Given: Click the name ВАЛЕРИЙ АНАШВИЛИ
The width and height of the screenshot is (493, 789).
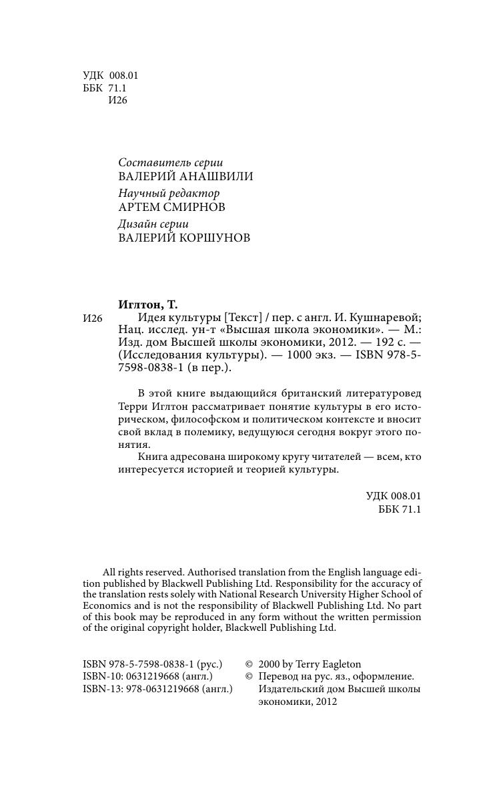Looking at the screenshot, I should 185,176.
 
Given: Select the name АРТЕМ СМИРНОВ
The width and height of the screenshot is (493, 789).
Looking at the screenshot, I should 171,207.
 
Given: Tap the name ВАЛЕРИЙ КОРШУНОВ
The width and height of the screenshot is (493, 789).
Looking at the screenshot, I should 184,238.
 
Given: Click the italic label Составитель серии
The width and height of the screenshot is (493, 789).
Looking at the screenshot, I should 170,162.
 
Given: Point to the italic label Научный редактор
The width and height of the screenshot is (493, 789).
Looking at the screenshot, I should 169,193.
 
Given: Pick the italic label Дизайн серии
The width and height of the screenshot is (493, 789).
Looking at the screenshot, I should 153,224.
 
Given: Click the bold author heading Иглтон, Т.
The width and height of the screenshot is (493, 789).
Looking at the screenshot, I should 147,304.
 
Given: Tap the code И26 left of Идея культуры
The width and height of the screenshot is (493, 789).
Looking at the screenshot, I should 93,318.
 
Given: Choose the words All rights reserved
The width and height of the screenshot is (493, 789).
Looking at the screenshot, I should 143,572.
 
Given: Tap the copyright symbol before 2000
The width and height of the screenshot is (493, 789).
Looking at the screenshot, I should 250,664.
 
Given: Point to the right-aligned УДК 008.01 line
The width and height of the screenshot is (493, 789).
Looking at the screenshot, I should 394,496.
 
